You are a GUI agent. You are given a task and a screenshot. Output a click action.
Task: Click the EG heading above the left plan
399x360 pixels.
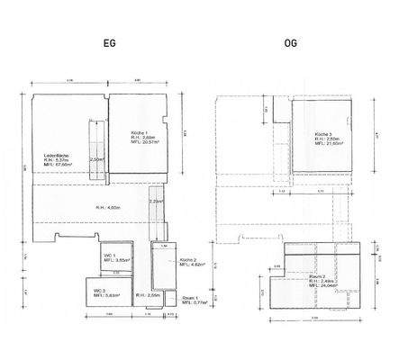[x=107, y=42]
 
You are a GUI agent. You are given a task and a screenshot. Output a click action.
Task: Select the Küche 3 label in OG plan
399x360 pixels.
[x=324, y=132]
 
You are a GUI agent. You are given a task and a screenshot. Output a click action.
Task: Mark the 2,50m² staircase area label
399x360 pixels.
[x=97, y=159]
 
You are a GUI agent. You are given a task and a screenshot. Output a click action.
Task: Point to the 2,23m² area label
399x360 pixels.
[x=157, y=202]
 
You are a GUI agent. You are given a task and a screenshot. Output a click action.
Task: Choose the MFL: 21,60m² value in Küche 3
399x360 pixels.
[x=328, y=143]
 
